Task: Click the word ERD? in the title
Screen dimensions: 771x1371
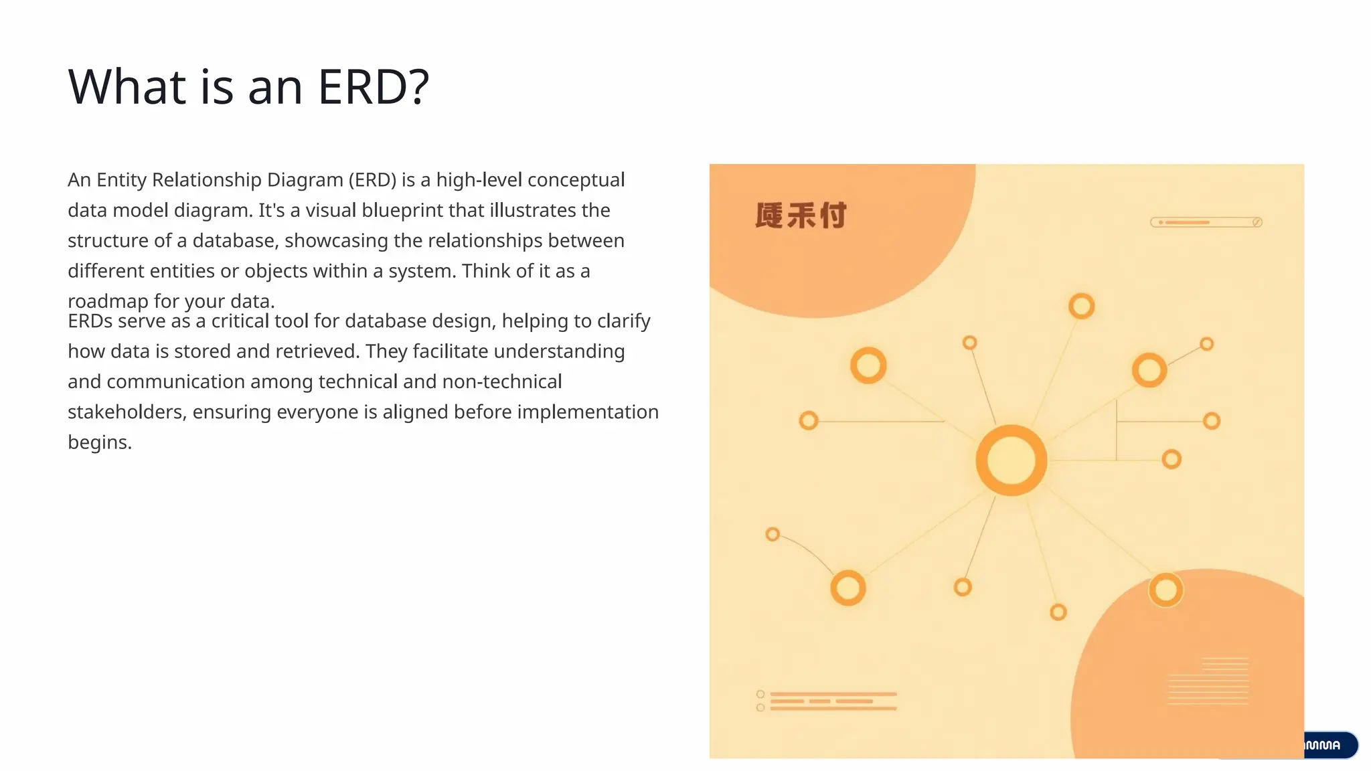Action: (x=373, y=87)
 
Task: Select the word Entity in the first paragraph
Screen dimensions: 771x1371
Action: (x=121, y=180)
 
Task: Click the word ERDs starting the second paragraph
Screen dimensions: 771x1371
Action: (x=90, y=321)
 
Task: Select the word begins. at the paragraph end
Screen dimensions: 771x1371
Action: (x=100, y=442)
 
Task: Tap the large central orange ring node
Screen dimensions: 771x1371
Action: (x=1011, y=460)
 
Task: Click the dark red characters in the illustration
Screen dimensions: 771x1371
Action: (x=801, y=216)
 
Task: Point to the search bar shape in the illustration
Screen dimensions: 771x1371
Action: (x=1206, y=222)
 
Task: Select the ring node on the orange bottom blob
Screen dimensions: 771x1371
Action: (x=1165, y=590)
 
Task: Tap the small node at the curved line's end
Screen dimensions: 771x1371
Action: (x=773, y=534)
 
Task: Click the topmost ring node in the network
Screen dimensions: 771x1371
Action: (x=1081, y=307)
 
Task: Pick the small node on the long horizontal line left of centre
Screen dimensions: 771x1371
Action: (x=809, y=420)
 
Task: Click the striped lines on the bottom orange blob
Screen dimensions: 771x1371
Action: (x=1208, y=681)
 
